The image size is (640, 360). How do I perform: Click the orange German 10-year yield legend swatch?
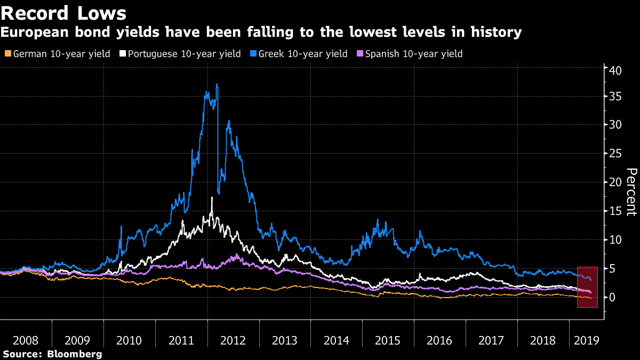coord(6,54)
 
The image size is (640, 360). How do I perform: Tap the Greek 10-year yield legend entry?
coord(302,54)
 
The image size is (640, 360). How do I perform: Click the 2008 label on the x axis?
coord(26,340)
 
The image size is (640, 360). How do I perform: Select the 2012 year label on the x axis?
coord(233,340)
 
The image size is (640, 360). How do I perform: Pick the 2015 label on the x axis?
coord(388,340)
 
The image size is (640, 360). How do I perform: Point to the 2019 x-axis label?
coord(586,340)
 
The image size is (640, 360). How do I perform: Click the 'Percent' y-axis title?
coord(631,191)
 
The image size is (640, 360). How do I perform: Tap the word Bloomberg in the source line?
coord(74,354)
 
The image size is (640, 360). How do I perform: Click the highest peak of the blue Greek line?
coord(217,84)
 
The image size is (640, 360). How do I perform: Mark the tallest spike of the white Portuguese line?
coord(212,198)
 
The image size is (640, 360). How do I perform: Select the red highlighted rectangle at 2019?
coord(587,287)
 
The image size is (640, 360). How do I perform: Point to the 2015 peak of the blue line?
coord(378,219)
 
